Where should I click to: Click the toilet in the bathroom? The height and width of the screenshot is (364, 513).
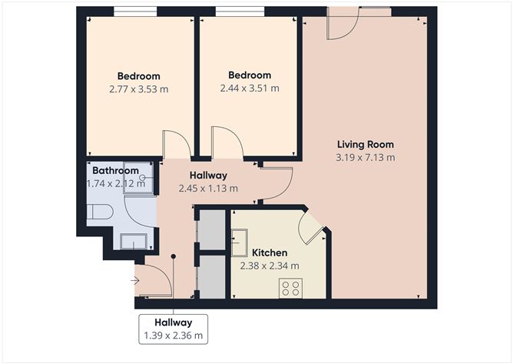[100, 212]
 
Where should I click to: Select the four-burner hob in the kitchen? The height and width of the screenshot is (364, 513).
[290, 288]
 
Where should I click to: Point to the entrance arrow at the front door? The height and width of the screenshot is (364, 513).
[135, 281]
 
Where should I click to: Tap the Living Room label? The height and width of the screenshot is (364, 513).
[366, 144]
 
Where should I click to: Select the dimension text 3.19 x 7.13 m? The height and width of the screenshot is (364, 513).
[366, 158]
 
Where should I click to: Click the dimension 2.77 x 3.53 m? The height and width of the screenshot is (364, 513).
[138, 89]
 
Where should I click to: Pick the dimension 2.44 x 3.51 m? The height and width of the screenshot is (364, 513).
[250, 88]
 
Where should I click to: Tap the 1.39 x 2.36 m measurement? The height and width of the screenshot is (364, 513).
[173, 336]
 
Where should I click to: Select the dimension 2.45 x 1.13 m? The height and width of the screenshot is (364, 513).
[208, 188]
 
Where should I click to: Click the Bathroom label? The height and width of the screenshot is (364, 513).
[116, 170]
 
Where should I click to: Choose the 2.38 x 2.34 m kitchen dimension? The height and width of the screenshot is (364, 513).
[269, 266]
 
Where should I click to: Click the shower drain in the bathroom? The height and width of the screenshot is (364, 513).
[142, 178]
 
